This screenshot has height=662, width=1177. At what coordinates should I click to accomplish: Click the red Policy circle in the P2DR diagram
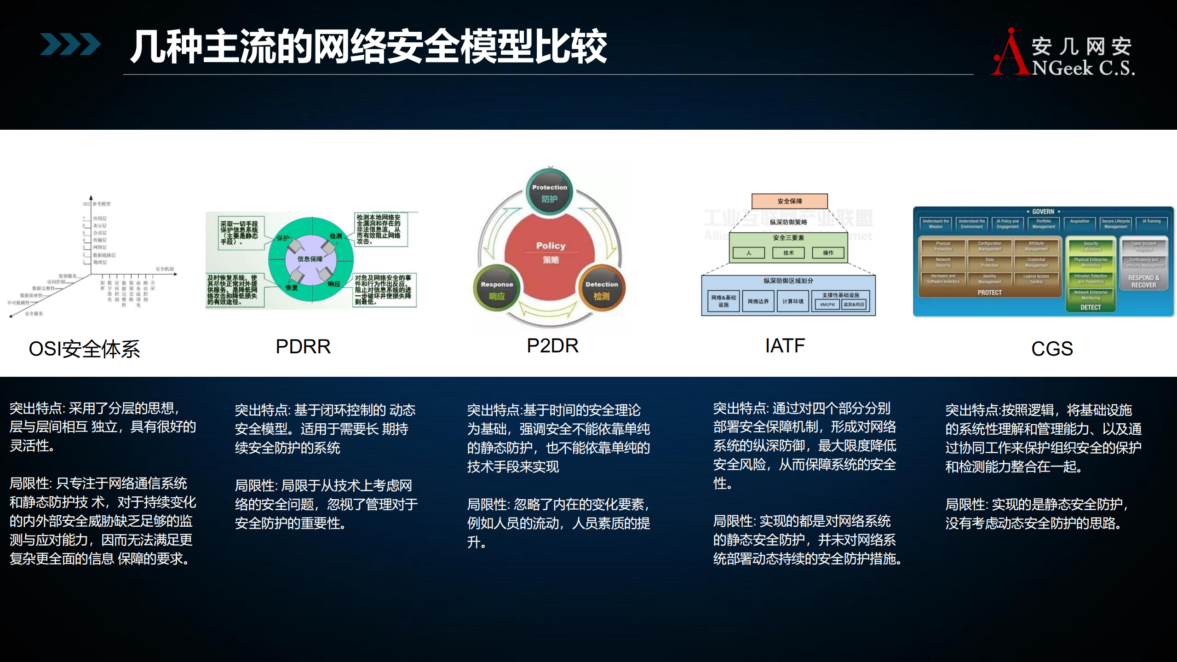tap(550, 253)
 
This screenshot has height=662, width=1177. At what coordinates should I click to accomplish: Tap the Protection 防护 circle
tap(550, 193)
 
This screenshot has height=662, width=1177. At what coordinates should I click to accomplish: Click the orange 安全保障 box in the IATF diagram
tap(789, 201)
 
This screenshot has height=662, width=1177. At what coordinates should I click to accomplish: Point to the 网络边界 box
tap(758, 301)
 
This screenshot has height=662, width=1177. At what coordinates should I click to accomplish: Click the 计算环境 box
tap(793, 301)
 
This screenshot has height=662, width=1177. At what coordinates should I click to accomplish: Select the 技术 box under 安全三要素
tap(788, 253)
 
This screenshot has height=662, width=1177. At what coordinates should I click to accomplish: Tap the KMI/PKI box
tap(827, 305)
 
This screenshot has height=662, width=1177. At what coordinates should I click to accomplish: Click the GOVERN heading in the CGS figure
tap(1043, 212)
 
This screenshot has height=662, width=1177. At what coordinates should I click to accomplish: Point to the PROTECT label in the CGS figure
tap(989, 293)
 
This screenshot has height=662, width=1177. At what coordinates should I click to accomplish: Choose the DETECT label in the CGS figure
tap(1091, 307)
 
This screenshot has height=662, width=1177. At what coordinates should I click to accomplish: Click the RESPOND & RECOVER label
tap(1143, 281)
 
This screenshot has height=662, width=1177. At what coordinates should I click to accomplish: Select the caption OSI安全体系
tap(84, 349)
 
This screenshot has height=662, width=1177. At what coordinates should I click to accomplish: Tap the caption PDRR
tap(303, 346)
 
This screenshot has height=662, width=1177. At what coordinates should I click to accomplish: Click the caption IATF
tap(785, 345)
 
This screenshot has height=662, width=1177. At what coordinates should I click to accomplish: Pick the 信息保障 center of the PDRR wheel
tap(310, 259)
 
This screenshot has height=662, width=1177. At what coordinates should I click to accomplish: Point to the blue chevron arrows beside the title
tap(70, 44)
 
